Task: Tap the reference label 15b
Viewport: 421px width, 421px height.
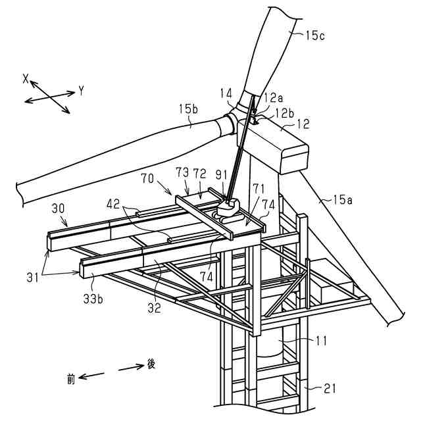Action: coord(186,109)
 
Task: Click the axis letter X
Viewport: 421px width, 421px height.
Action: coord(26,78)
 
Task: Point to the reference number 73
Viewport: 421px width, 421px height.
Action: coord(183,172)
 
